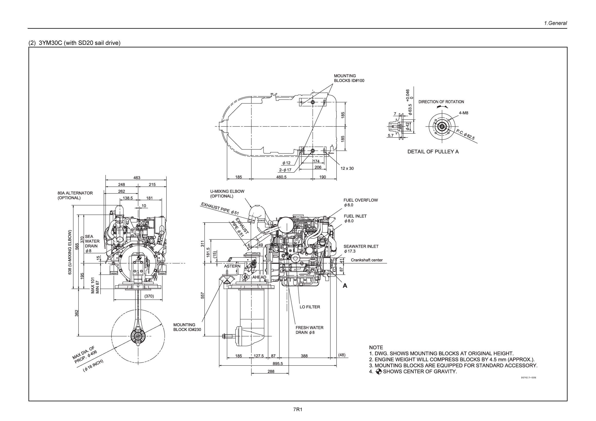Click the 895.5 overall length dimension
(278, 363)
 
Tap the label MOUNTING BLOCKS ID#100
(349, 78)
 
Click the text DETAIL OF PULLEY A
(433, 151)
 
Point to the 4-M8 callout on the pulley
(463, 113)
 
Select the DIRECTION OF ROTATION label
(441, 102)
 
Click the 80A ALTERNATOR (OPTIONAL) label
(75, 195)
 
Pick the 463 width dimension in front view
(137, 178)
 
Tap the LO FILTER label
(310, 307)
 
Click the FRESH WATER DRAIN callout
(309, 330)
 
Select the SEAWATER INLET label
(361, 248)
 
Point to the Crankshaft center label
(366, 260)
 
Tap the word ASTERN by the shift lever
(232, 266)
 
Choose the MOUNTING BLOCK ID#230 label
(187, 327)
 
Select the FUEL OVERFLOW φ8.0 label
(360, 202)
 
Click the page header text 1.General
(556, 23)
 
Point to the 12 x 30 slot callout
(347, 168)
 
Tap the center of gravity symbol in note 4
(379, 371)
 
